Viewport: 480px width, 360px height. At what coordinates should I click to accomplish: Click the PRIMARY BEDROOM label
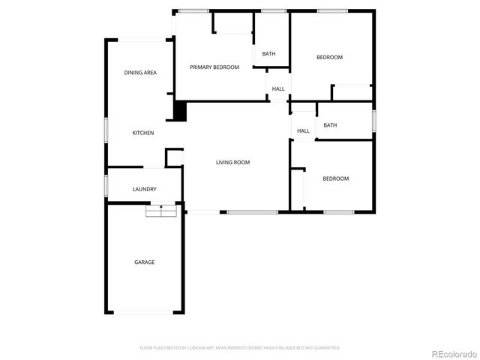click(x=214, y=67)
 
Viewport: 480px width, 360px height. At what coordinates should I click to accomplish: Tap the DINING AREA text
click(x=140, y=73)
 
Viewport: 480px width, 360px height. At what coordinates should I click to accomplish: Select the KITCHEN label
click(x=143, y=133)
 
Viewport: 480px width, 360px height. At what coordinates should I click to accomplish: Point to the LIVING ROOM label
click(x=232, y=163)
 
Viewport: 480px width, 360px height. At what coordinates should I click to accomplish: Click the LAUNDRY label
click(x=144, y=190)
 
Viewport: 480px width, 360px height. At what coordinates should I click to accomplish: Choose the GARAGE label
click(x=145, y=262)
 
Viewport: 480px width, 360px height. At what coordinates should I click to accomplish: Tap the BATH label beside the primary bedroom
click(x=268, y=54)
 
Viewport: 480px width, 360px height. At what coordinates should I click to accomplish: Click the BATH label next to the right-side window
click(x=330, y=126)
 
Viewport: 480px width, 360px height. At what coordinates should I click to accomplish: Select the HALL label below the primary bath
click(x=278, y=89)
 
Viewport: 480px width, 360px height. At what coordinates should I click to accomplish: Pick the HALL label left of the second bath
click(x=303, y=131)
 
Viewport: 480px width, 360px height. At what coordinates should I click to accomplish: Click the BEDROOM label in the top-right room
click(x=329, y=58)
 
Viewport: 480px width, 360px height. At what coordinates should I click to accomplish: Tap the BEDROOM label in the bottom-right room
click(x=335, y=178)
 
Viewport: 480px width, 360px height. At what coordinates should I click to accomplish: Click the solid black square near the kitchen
click(x=180, y=111)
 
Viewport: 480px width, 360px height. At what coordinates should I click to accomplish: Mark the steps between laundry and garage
click(x=160, y=211)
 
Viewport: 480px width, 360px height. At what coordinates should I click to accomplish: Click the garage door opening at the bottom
click(x=144, y=313)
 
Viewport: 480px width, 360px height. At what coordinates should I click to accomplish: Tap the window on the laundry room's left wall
click(x=106, y=184)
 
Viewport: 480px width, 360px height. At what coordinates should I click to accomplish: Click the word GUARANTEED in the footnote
click(x=328, y=348)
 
